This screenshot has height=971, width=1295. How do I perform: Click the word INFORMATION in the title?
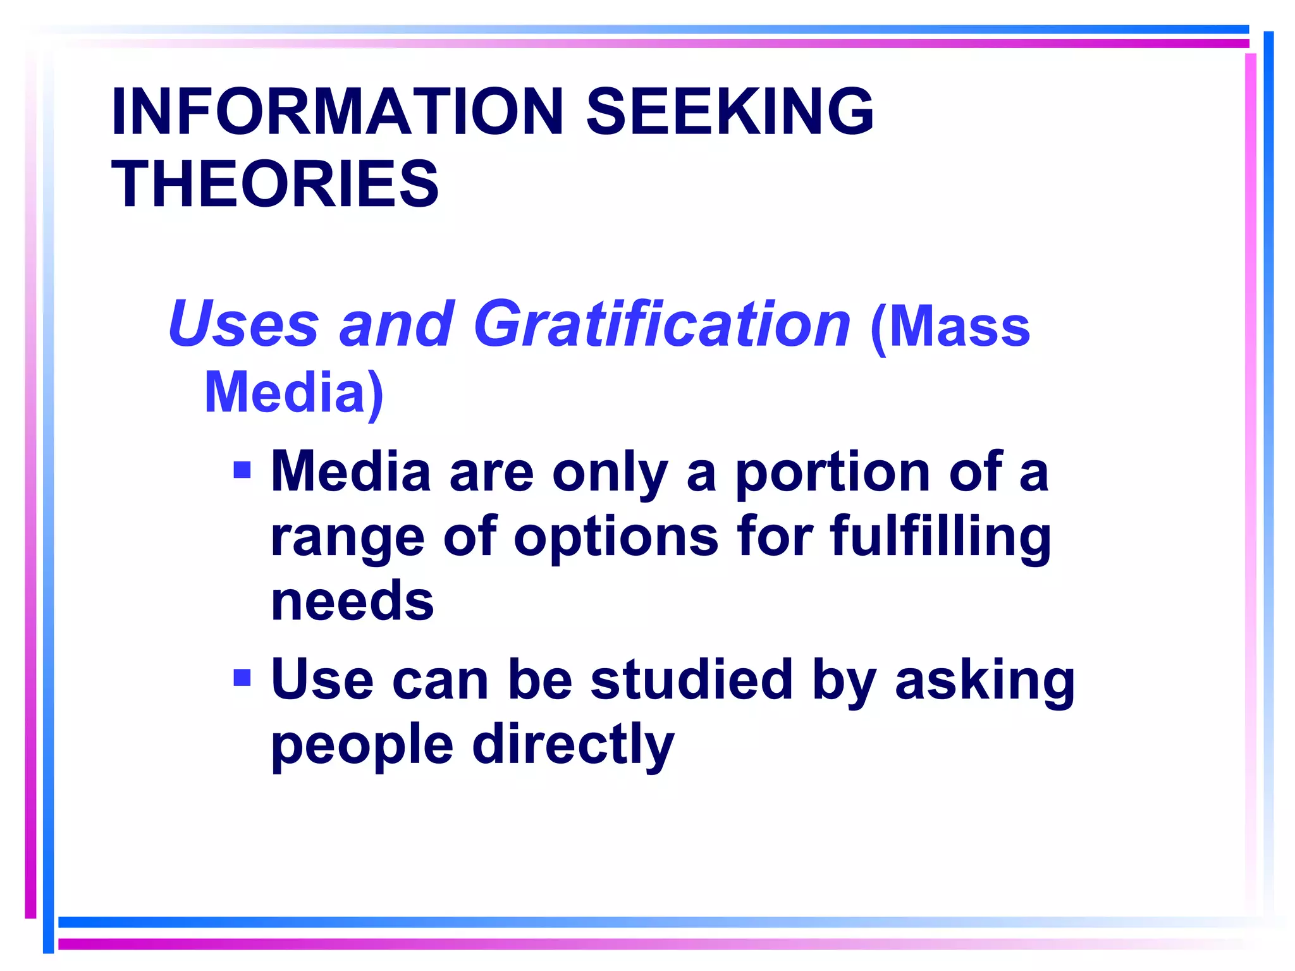(337, 111)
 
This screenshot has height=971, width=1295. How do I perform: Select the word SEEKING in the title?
(730, 111)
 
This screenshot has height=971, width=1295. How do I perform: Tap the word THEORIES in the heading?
(275, 184)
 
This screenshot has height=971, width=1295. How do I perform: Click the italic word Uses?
(243, 324)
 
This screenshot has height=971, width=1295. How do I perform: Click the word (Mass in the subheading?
(950, 326)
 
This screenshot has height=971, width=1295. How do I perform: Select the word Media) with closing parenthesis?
(294, 393)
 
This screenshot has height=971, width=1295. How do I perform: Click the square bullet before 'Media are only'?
(242, 470)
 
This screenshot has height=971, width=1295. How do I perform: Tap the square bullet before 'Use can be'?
(242, 678)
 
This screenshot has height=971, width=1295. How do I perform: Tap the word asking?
(985, 681)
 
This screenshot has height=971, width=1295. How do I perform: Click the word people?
(362, 745)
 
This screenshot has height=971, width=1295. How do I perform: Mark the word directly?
(573, 745)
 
